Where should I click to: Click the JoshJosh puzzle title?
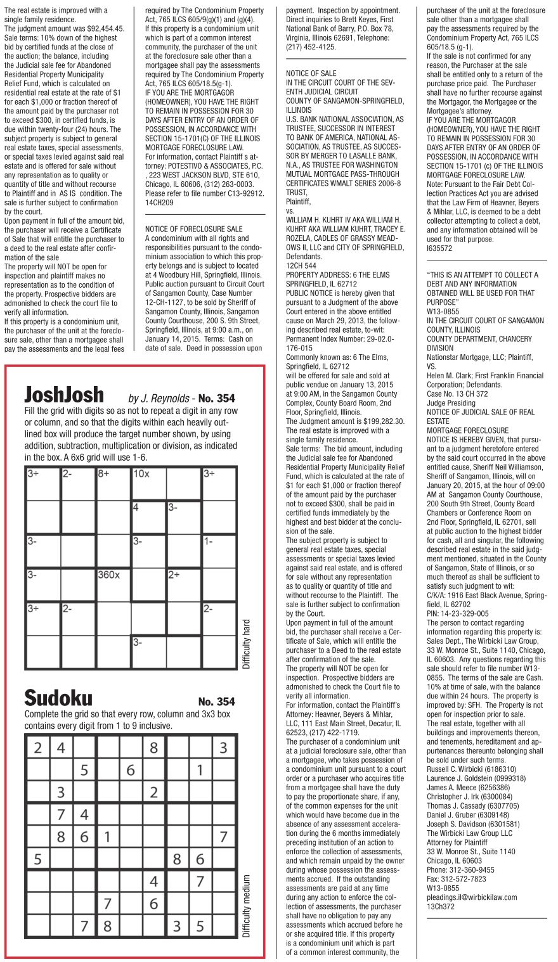coord(64,395)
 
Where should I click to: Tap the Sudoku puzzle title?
coord(58,698)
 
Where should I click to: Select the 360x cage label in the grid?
coord(108,575)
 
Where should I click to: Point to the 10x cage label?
coord(141,474)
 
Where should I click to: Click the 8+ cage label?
coord(105,474)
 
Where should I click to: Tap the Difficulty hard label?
coord(247,643)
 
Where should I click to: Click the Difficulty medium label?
coord(247,906)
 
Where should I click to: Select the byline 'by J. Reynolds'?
coord(159,399)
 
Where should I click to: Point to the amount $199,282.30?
coord(380,421)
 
